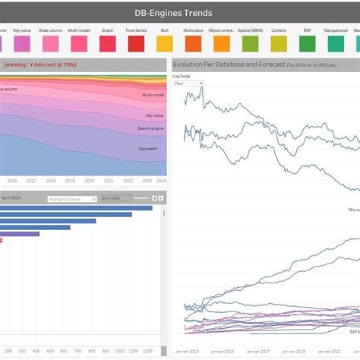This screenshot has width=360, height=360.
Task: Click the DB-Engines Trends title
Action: coord(180,13)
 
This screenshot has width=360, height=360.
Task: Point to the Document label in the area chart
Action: coord(147,149)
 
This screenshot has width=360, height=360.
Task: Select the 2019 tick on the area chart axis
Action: coord(71,181)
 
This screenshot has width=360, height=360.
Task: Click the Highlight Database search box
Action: coord(72,198)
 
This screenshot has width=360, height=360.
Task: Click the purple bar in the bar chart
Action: coord(20,234)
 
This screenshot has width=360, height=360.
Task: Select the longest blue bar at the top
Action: coord(76,208)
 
